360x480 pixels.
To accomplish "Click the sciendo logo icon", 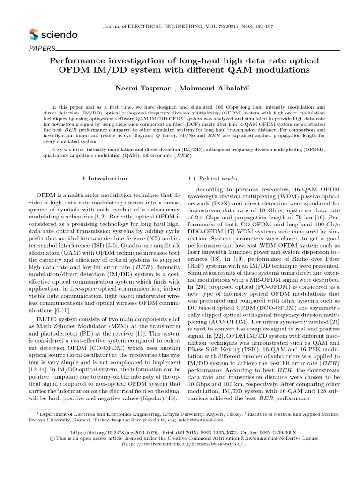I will coord(34,34).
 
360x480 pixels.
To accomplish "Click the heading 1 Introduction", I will coord(105,179).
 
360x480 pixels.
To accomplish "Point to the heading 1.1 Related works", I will coord(212,179).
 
